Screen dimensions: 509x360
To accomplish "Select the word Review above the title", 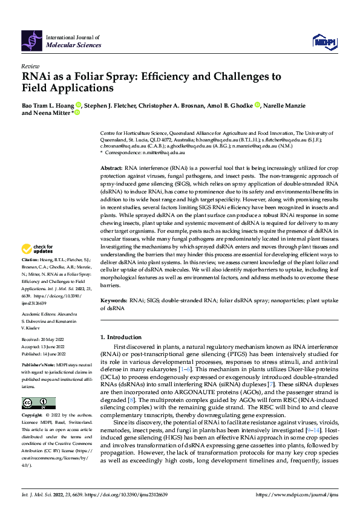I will tap(30, 66).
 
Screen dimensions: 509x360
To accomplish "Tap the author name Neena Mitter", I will tap(51, 112).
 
